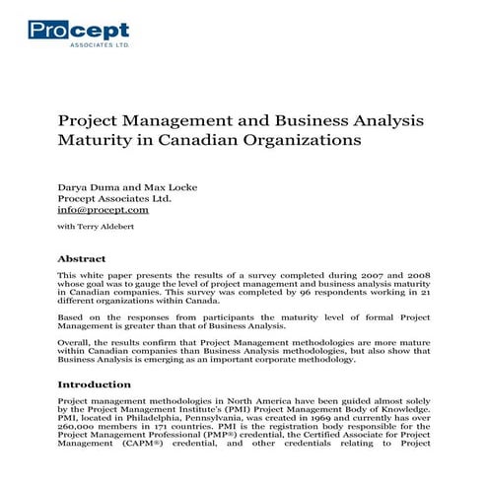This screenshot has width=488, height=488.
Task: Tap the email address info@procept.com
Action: (103, 210)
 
